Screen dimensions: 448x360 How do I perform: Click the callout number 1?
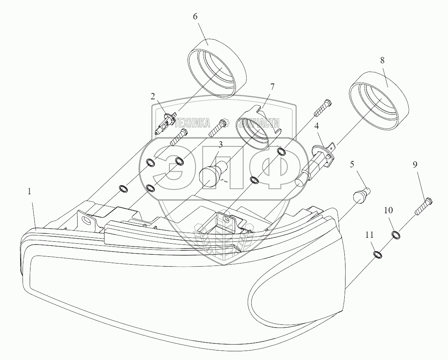pyautogui.click(x=29, y=191)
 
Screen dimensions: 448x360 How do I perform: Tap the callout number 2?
pyautogui.click(x=152, y=96)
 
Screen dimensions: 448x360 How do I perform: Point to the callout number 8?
pyautogui.click(x=382, y=61)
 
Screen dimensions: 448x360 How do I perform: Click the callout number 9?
pyautogui.click(x=415, y=165)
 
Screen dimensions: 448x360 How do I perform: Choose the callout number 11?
pyautogui.click(x=369, y=235)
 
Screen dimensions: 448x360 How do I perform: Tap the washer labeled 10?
pyautogui.click(x=396, y=235)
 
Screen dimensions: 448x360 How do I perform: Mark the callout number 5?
pyautogui.click(x=352, y=164)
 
